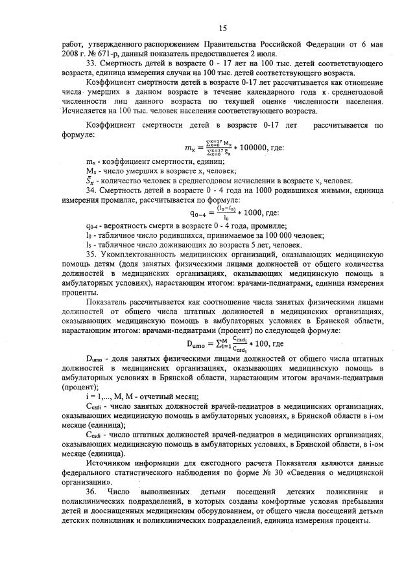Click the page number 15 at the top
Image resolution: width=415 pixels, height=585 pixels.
point(221,28)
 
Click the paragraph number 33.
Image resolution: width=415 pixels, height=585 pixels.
point(91,66)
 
